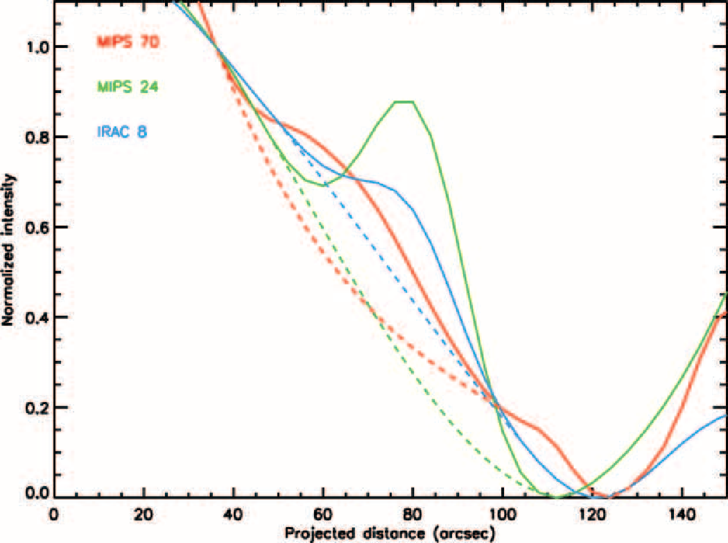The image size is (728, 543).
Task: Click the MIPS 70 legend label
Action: tap(128, 42)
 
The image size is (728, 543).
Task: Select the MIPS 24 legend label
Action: tap(128, 87)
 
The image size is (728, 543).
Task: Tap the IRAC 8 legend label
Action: tap(122, 131)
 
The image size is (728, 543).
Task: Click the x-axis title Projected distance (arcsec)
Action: tap(390, 533)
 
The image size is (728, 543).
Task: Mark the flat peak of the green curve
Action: tap(404, 102)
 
